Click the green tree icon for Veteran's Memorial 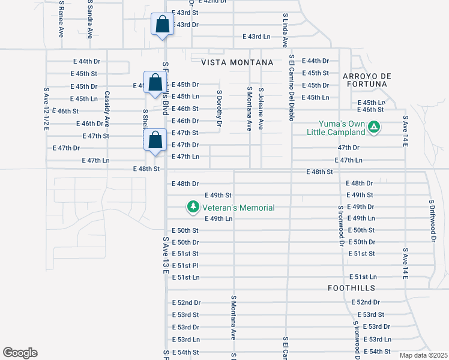coord(193,207)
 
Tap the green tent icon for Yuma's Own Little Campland coord(374,127)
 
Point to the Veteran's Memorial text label coord(238,208)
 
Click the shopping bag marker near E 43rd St coord(162,25)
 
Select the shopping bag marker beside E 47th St coord(155,140)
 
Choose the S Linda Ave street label coord(285,30)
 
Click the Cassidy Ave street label coord(107,108)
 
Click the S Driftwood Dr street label coord(431,220)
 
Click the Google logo coord(20,353)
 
